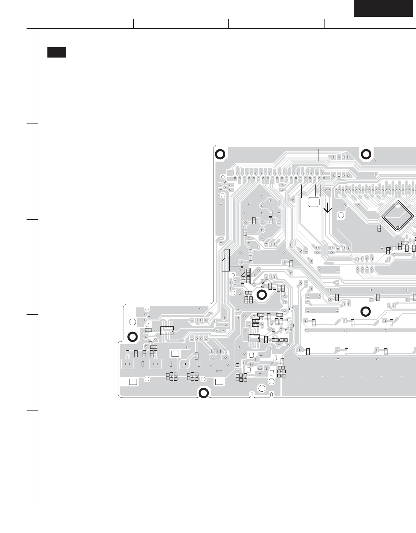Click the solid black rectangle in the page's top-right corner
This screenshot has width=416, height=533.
click(383, 8)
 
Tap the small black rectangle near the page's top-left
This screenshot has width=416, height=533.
click(56, 52)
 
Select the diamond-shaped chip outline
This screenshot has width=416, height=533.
click(398, 216)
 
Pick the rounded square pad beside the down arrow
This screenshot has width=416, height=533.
click(313, 202)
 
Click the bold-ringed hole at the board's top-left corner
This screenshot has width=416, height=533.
click(220, 154)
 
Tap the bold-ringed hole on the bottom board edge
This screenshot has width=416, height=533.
click(203, 393)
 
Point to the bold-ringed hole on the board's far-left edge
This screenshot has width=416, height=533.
click(132, 336)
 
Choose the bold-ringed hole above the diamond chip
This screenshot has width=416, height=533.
click(366, 154)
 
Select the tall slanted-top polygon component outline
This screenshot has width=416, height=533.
click(226, 260)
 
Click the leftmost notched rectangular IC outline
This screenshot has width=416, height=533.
click(167, 330)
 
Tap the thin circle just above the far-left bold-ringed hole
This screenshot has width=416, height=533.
click(133, 322)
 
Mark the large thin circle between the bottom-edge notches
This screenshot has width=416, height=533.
click(262, 388)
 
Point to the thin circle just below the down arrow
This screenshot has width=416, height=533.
click(341, 215)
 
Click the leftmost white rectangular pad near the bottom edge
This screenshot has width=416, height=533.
click(133, 382)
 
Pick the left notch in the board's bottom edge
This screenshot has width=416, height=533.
click(251, 394)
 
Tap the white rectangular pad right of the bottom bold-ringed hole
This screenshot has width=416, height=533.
click(219, 382)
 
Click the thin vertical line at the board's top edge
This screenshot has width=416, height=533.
click(318, 154)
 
